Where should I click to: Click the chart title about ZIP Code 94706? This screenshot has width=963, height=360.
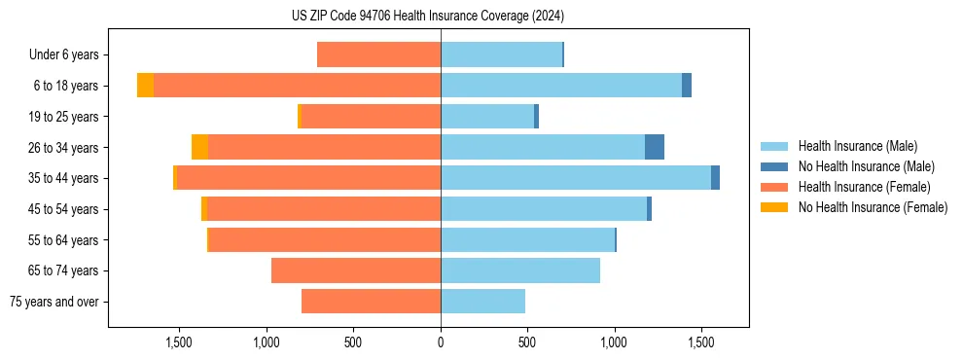[428, 16]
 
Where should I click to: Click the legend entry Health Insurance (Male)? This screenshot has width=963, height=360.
[857, 146]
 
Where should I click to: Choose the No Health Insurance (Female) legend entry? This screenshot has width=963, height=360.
[873, 207]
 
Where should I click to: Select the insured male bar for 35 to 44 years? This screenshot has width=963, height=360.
[576, 178]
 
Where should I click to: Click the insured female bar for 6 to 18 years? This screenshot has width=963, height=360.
[297, 86]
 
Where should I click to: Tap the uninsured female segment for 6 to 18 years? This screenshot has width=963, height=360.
[145, 86]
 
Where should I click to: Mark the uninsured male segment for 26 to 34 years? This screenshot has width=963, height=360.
[655, 147]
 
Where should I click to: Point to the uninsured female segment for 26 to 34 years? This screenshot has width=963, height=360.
[199, 147]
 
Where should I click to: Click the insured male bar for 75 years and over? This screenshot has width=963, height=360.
[482, 302]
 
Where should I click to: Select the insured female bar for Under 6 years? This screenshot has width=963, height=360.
[378, 55]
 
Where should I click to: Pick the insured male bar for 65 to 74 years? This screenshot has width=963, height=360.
[520, 270]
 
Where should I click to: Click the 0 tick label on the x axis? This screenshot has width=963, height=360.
[441, 342]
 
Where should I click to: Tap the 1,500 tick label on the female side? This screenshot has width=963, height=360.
[179, 342]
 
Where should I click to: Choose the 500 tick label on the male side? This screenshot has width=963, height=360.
[527, 342]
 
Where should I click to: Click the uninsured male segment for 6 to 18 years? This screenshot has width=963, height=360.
[687, 86]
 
